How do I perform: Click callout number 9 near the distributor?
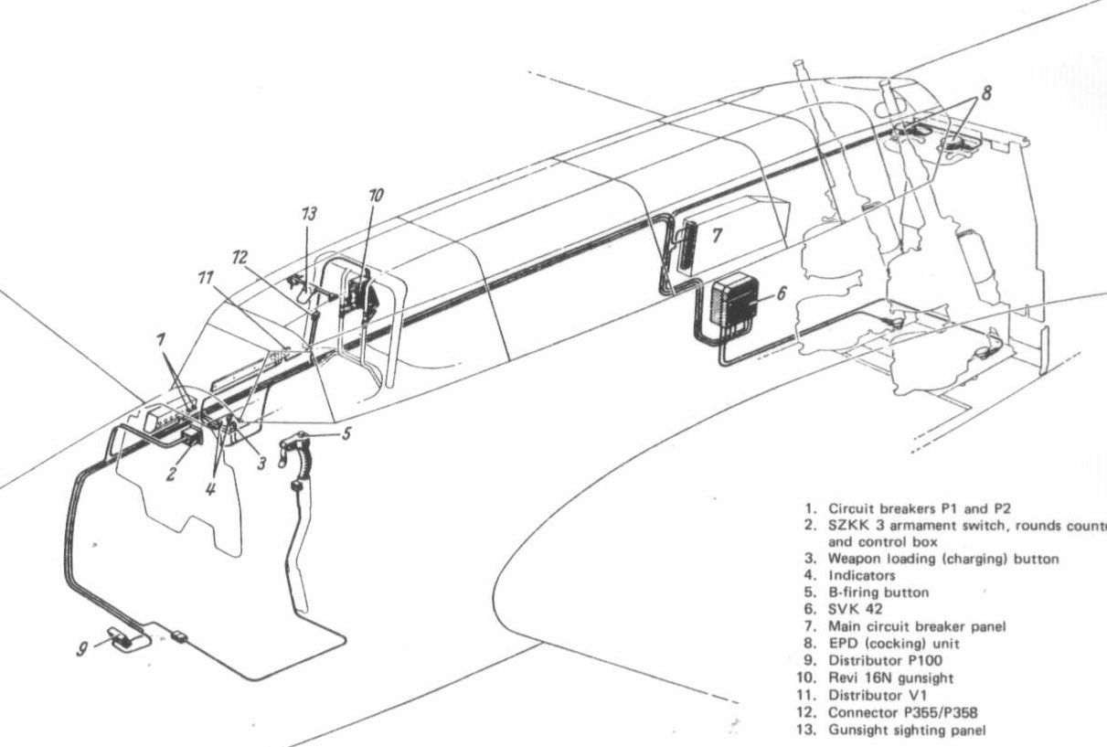[82, 651]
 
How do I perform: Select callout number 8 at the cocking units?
[986, 93]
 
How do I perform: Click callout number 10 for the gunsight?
[376, 196]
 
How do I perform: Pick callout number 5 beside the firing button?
[346, 433]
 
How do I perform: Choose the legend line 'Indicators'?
[862, 576]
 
